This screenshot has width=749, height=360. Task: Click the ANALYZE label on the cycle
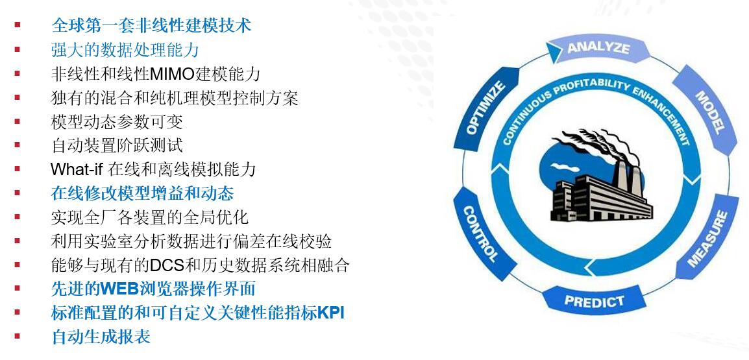tap(598, 48)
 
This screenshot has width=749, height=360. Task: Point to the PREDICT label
tap(595, 301)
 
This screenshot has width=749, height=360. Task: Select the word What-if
tap(77, 169)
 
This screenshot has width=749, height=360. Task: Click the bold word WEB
tap(119, 288)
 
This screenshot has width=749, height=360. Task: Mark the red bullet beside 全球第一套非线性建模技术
tap(17, 25)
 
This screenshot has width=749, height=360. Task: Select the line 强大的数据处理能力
tap(125, 50)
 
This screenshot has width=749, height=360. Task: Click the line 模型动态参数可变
tap(117, 122)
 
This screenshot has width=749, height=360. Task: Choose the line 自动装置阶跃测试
tap(117, 146)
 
